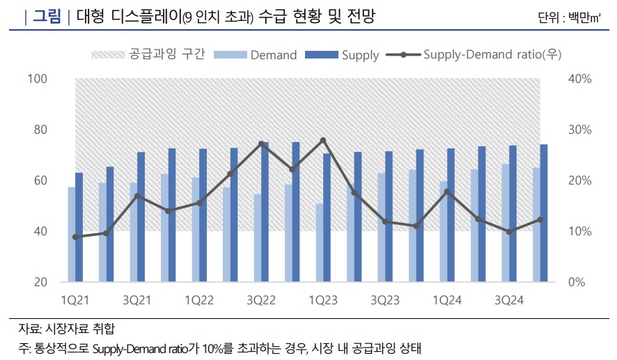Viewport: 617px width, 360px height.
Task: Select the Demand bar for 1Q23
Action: [x=319, y=243]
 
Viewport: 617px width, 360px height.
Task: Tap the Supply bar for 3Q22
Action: [x=265, y=212]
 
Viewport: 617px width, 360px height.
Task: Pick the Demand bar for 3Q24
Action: [x=505, y=223]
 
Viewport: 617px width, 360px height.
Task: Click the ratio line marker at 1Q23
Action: [x=323, y=140]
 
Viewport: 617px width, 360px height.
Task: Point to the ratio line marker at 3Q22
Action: [x=261, y=144]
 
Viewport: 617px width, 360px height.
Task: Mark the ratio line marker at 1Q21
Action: [x=75, y=237]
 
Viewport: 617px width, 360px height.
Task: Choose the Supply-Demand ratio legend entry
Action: [x=481, y=54]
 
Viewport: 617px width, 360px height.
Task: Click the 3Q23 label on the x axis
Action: [x=385, y=300]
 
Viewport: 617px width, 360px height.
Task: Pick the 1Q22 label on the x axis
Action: [x=199, y=300]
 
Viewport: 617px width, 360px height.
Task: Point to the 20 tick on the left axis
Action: [x=40, y=282]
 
